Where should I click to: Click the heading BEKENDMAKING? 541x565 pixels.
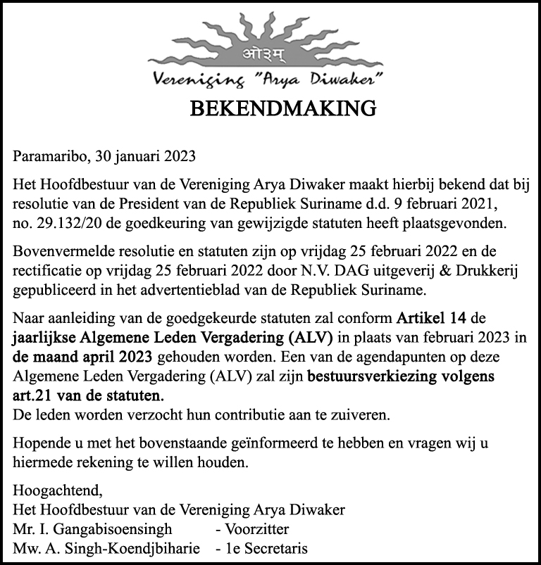pyautogui.click(x=283, y=110)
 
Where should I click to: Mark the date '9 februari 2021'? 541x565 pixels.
pyautogui.click(x=452, y=205)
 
